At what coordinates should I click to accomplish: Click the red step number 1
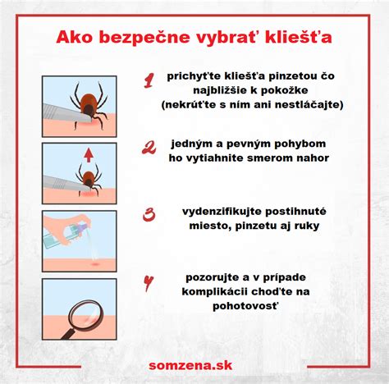coord(149,80)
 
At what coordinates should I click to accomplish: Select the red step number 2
coord(149,149)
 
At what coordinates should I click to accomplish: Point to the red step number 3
coord(149,215)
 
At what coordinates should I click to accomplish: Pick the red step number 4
coord(149,284)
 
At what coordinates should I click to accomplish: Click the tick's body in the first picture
coord(88,103)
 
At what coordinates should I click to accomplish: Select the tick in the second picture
coord(88,175)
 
